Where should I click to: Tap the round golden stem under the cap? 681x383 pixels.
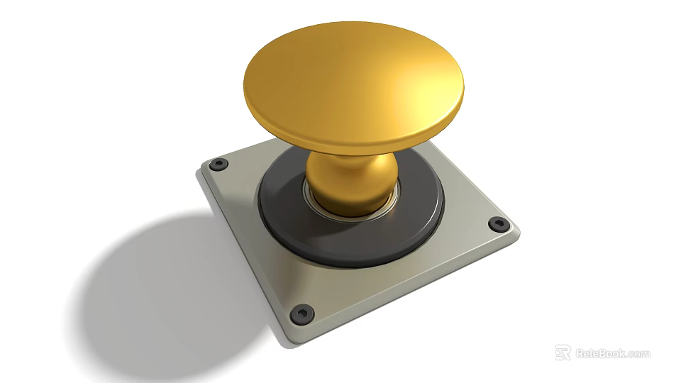tap(350, 182)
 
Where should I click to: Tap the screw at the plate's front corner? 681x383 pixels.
tap(304, 311)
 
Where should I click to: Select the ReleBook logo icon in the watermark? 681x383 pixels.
tap(563, 353)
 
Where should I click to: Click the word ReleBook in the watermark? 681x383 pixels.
tap(599, 353)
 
